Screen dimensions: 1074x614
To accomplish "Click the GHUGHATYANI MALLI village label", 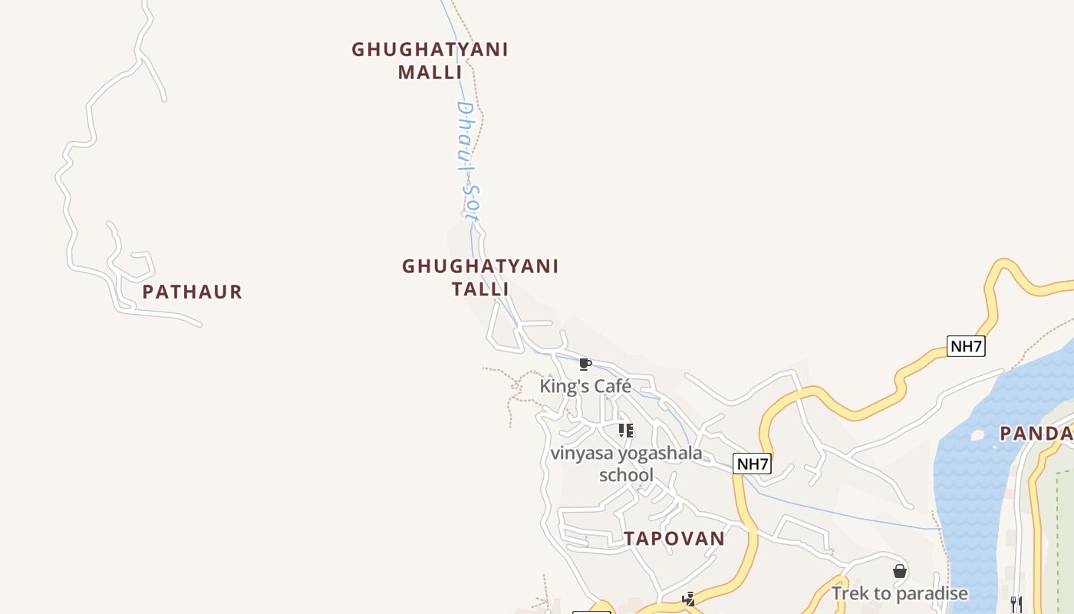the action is (x=430, y=61).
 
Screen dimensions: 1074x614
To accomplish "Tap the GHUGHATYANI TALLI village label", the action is (x=480, y=277).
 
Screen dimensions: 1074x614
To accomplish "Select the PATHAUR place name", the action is (x=192, y=292).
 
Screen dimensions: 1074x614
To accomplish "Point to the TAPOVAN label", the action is (x=674, y=538).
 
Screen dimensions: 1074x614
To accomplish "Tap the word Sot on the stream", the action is (x=471, y=203).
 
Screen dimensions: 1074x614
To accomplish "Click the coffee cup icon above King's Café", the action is (x=585, y=364).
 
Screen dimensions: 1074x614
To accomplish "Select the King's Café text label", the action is (x=585, y=385).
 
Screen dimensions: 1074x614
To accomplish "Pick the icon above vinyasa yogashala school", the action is (x=626, y=430).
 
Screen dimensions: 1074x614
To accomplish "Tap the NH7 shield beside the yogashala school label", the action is (x=752, y=464).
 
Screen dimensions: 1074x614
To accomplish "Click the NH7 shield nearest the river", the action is (x=966, y=346).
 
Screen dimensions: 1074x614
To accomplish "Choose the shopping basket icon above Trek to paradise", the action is (x=900, y=571).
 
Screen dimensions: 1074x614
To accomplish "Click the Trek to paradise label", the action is (x=900, y=593).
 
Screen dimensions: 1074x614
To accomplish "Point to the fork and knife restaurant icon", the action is (x=1016, y=604).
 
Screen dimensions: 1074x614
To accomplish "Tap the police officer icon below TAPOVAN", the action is (x=689, y=599).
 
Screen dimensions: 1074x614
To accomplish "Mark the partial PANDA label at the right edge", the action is (x=1036, y=434).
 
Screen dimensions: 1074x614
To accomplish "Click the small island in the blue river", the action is (x=977, y=435).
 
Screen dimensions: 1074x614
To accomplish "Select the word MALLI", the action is (x=430, y=72).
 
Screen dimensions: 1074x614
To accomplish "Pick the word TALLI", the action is (x=480, y=289).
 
